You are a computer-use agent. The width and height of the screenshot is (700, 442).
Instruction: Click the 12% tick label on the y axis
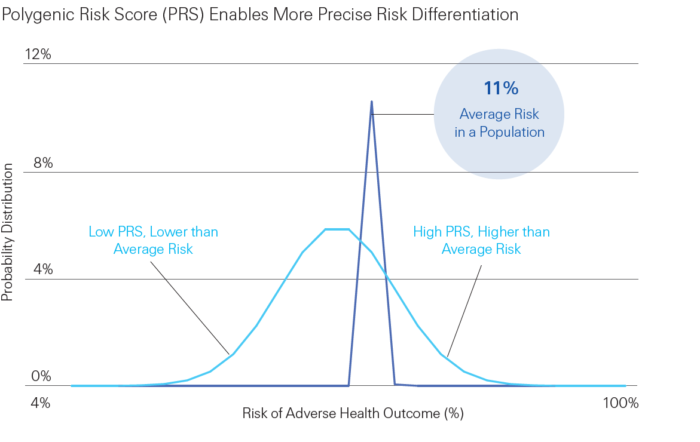click(38, 55)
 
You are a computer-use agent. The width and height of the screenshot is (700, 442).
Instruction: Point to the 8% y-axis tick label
click(43, 163)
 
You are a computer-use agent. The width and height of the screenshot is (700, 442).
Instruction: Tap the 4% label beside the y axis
click(43, 269)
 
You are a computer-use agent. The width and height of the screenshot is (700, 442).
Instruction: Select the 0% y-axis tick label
click(41, 376)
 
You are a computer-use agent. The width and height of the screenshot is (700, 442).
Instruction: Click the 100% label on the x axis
click(621, 403)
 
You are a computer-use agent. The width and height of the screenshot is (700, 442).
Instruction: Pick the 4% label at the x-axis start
click(41, 403)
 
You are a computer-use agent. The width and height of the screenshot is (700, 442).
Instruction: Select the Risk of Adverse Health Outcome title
click(353, 413)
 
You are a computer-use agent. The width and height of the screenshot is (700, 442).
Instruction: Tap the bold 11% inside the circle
click(501, 88)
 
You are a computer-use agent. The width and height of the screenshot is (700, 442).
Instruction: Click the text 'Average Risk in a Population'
click(499, 123)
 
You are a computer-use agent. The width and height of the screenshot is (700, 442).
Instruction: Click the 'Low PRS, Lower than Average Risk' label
click(153, 240)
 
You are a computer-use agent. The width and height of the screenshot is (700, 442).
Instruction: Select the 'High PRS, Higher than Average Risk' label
click(481, 240)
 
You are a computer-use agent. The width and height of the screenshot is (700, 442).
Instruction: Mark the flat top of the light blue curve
click(337, 229)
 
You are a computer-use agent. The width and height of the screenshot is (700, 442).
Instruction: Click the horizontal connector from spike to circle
click(403, 114)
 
